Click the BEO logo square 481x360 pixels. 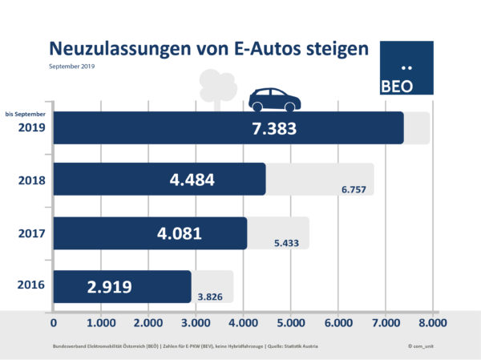click(405, 69)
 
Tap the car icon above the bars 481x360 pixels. click(274, 99)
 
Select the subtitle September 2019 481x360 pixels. click(72, 66)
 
